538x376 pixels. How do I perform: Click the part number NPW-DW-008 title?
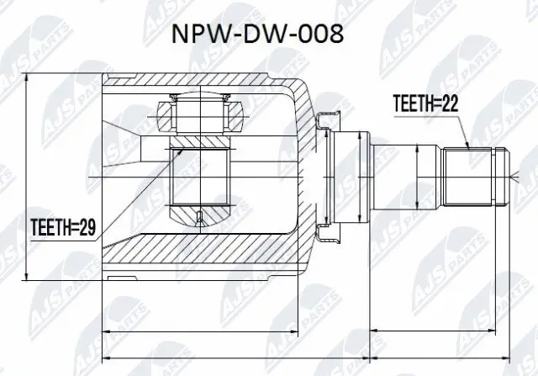pyautogui.click(x=268, y=36)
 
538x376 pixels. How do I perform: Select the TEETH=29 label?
pyautogui.click(x=61, y=225)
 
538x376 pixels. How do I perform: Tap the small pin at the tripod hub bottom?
pyautogui.click(x=199, y=220)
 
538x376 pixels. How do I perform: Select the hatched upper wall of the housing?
pyautogui.click(x=202, y=83)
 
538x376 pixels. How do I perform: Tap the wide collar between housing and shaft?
pyautogui.click(x=349, y=177)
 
